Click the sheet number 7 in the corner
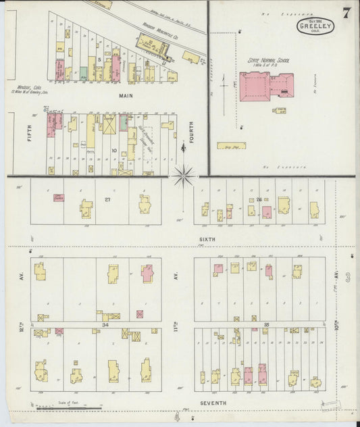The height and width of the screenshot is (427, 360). [346, 13]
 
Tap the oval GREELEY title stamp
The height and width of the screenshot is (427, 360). [313, 26]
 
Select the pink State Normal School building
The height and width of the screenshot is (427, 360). [255, 86]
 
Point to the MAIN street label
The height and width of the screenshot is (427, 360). [126, 96]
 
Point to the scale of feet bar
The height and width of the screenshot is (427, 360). [68, 408]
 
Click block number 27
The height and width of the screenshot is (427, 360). [107, 200]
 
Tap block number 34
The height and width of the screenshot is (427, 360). [105, 325]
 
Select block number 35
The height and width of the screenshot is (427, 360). [266, 325]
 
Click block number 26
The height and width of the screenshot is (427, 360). [259, 199]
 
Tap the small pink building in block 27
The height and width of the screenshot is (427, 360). [58, 198]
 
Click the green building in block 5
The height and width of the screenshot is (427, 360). [82, 72]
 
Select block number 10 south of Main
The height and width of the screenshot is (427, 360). [114, 150]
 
